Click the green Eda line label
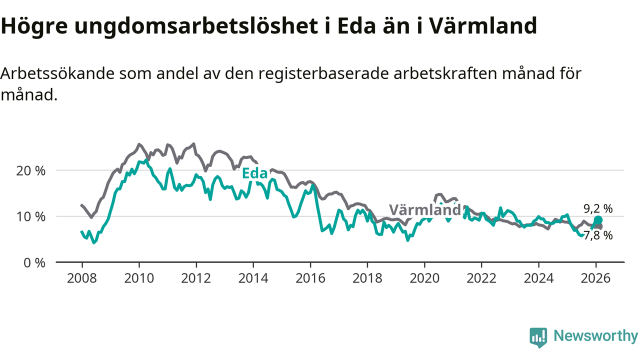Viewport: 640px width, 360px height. pyautogui.click(x=254, y=173)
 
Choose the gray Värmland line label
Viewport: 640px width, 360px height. pyautogui.click(x=424, y=210)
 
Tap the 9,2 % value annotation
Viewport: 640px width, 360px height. pyautogui.click(x=598, y=208)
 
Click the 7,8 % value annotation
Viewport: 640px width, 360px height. pyautogui.click(x=598, y=235)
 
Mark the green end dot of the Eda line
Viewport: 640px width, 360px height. pyautogui.click(x=598, y=220)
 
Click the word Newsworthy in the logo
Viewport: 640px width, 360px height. pyautogui.click(x=595, y=336)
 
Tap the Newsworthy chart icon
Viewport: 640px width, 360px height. pyautogui.click(x=538, y=337)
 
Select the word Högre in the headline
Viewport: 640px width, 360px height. pyautogui.click(x=33, y=26)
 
